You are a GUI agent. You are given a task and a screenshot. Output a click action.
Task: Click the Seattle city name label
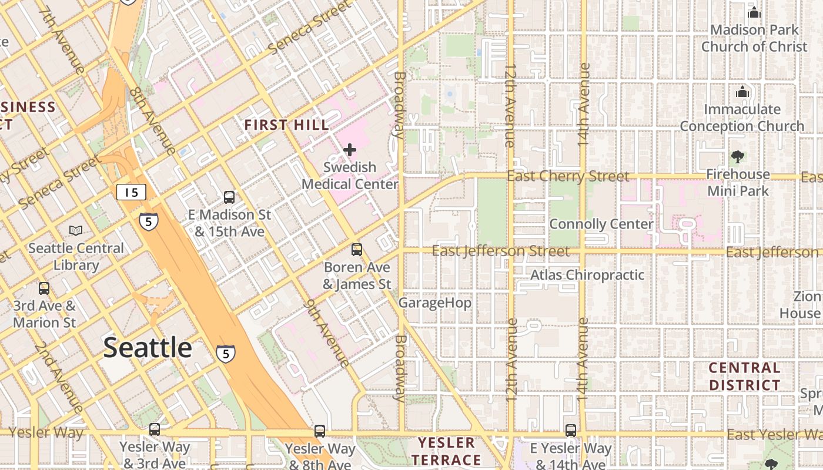point(148,348)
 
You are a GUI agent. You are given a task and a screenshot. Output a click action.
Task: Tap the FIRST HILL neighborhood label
point(286,125)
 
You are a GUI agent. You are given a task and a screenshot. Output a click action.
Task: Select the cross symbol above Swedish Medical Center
point(350,150)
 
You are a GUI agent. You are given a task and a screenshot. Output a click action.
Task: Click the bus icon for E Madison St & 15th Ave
point(229,197)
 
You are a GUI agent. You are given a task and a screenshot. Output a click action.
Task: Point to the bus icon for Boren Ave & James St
point(356,250)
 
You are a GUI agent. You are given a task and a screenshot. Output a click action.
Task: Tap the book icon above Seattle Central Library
point(76,230)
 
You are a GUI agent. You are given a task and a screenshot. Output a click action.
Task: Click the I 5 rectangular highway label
point(131,192)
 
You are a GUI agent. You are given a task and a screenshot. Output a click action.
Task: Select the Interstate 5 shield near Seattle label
point(226,353)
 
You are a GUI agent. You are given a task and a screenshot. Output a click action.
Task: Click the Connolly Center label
point(601,224)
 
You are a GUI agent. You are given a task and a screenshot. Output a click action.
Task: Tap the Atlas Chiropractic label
point(587,275)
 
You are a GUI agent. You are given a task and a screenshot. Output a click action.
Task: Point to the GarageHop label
point(435,303)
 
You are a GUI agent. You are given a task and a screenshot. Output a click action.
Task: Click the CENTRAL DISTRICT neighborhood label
point(744,377)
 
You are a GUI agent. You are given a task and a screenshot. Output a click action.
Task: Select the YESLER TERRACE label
point(446,451)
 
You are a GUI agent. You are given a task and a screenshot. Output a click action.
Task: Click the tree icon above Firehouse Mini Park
point(738,156)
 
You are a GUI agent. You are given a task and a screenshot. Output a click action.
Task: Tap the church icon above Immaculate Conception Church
point(742,92)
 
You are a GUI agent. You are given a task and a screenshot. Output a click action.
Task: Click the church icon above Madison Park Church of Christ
point(754,12)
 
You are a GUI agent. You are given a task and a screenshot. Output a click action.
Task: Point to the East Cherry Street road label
point(568,176)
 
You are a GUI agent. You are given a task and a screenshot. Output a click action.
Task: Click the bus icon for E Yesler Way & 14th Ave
point(570,430)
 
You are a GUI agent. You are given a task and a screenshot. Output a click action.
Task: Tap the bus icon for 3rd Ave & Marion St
point(44,288)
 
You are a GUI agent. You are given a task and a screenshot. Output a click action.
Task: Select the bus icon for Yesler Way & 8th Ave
point(320,431)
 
